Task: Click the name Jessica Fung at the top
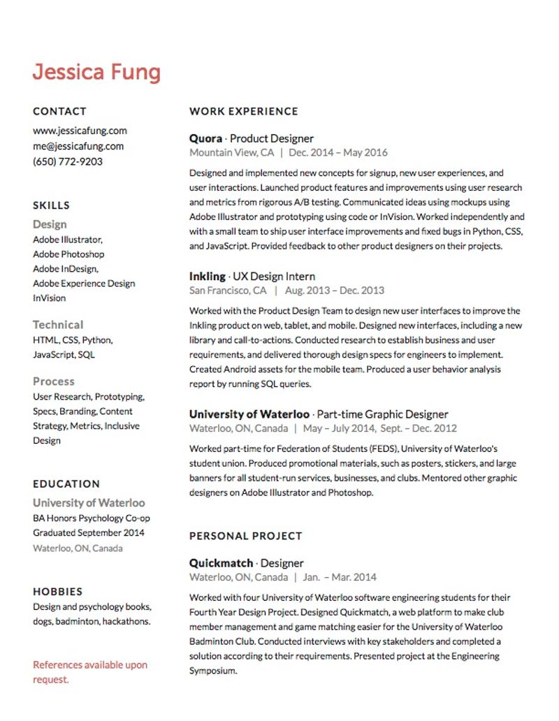(x=96, y=72)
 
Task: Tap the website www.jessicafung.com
(x=80, y=131)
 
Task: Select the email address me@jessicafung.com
(x=78, y=146)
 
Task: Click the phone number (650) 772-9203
(x=68, y=161)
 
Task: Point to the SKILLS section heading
(x=51, y=205)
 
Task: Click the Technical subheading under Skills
(x=58, y=325)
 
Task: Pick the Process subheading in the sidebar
(x=53, y=381)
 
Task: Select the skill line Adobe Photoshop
(x=68, y=254)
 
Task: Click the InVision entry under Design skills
(x=49, y=298)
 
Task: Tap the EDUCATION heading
(x=66, y=483)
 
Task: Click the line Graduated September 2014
(x=89, y=533)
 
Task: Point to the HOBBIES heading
(x=57, y=591)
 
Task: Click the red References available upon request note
(x=90, y=672)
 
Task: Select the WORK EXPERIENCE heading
(x=243, y=111)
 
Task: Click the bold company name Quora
(x=205, y=138)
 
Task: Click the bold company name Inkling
(x=208, y=276)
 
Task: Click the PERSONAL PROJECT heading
(x=245, y=536)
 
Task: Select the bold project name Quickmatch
(x=221, y=563)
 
